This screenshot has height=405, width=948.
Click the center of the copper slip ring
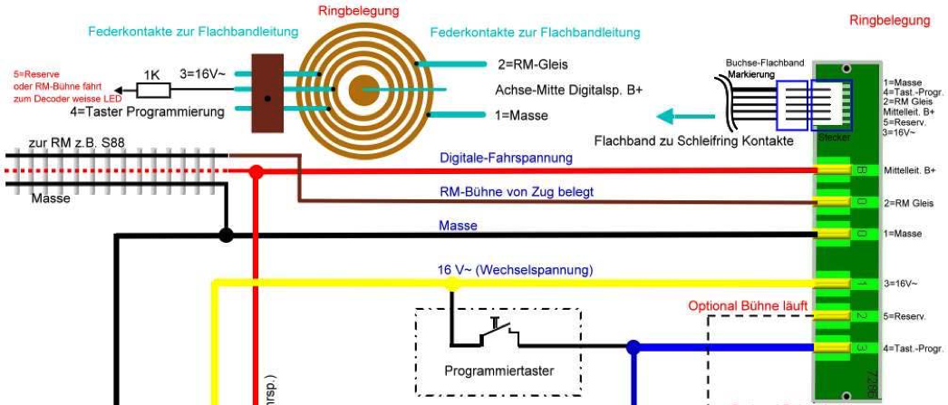click(365, 90)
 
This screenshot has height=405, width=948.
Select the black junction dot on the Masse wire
click(227, 235)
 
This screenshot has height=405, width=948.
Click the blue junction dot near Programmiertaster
click(634, 346)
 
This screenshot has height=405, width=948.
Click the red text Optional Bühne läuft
click(749, 305)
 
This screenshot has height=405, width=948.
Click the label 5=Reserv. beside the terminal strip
click(903, 316)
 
